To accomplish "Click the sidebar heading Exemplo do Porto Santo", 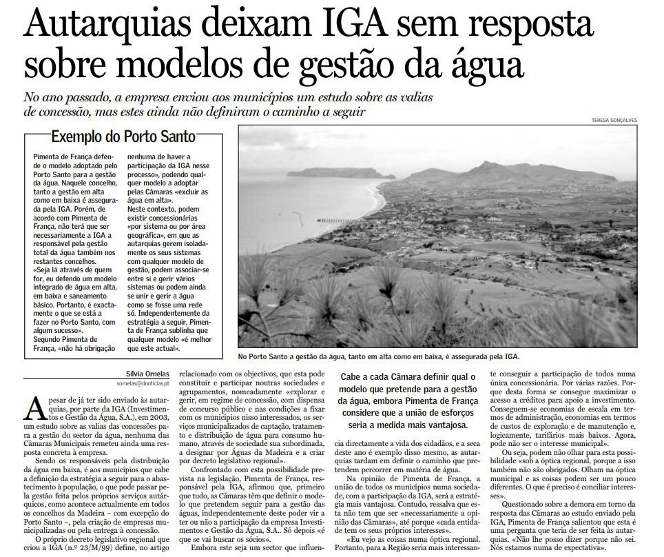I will point(123,136).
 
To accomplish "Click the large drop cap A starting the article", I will point(35,407).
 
